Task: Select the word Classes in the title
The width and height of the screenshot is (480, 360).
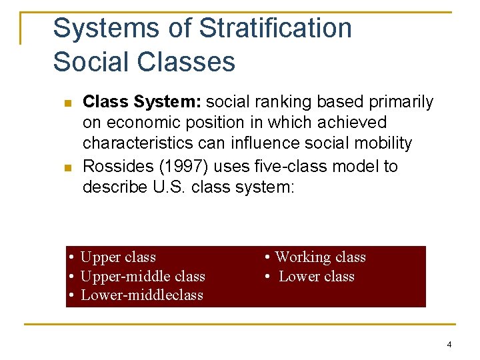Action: pos(187,62)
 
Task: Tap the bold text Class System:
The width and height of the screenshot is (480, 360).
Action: pos(142,102)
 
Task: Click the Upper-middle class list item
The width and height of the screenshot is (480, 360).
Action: pos(142,276)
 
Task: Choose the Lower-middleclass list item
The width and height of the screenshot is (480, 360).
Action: pos(141,295)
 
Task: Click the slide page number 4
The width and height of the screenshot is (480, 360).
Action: pos(449,345)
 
